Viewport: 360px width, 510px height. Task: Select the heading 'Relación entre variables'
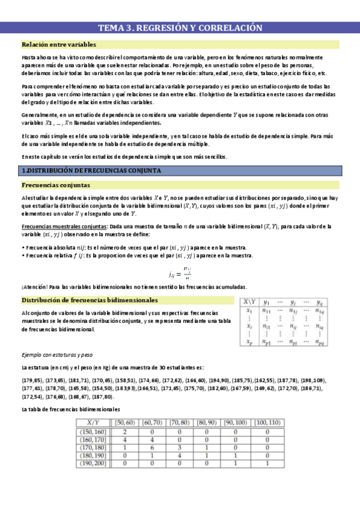coord(58,45)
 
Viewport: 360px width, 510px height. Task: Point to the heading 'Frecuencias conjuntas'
coord(53,185)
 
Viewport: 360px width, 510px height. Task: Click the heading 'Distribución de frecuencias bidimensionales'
coord(90,300)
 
